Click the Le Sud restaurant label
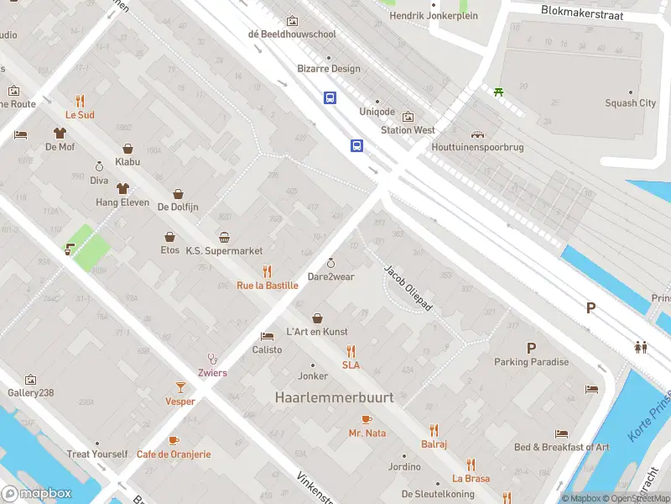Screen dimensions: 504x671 point(80,114)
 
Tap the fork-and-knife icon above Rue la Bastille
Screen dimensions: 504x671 point(267,270)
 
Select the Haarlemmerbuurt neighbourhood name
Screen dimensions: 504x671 point(334,397)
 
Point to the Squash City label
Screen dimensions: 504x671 point(630,103)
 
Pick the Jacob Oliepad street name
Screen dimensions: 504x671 point(408,289)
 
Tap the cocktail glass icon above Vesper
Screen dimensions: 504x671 point(179,386)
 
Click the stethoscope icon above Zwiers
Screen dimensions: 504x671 point(212,359)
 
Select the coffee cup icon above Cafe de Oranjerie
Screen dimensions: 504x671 point(174,439)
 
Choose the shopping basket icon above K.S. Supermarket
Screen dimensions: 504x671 point(224,237)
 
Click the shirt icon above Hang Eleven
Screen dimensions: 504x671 point(122,188)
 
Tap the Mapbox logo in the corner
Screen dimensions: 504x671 point(37,493)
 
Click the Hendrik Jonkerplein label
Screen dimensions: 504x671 point(434,16)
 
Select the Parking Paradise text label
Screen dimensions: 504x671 point(531,362)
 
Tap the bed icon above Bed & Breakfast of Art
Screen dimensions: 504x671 point(562,433)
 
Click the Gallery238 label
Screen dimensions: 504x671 point(30,393)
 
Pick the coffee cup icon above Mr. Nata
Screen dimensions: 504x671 point(366,419)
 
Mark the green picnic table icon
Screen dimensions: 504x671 point(499,92)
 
